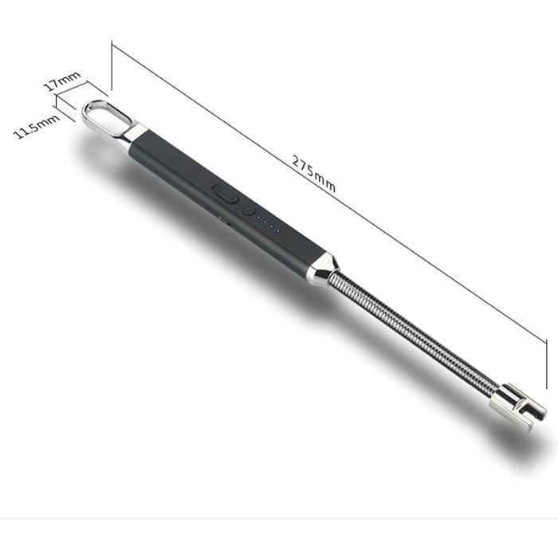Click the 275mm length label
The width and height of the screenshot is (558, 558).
(x=313, y=174)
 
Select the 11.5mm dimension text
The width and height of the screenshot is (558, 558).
(x=37, y=126)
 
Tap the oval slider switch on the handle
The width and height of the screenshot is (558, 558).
(x=226, y=193)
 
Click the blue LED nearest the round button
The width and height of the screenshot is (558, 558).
(x=261, y=221)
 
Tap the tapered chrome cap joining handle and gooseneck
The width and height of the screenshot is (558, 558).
(x=323, y=268)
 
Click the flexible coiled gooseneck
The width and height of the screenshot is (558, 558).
(x=415, y=334)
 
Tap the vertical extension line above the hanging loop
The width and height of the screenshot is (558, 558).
(x=112, y=68)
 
